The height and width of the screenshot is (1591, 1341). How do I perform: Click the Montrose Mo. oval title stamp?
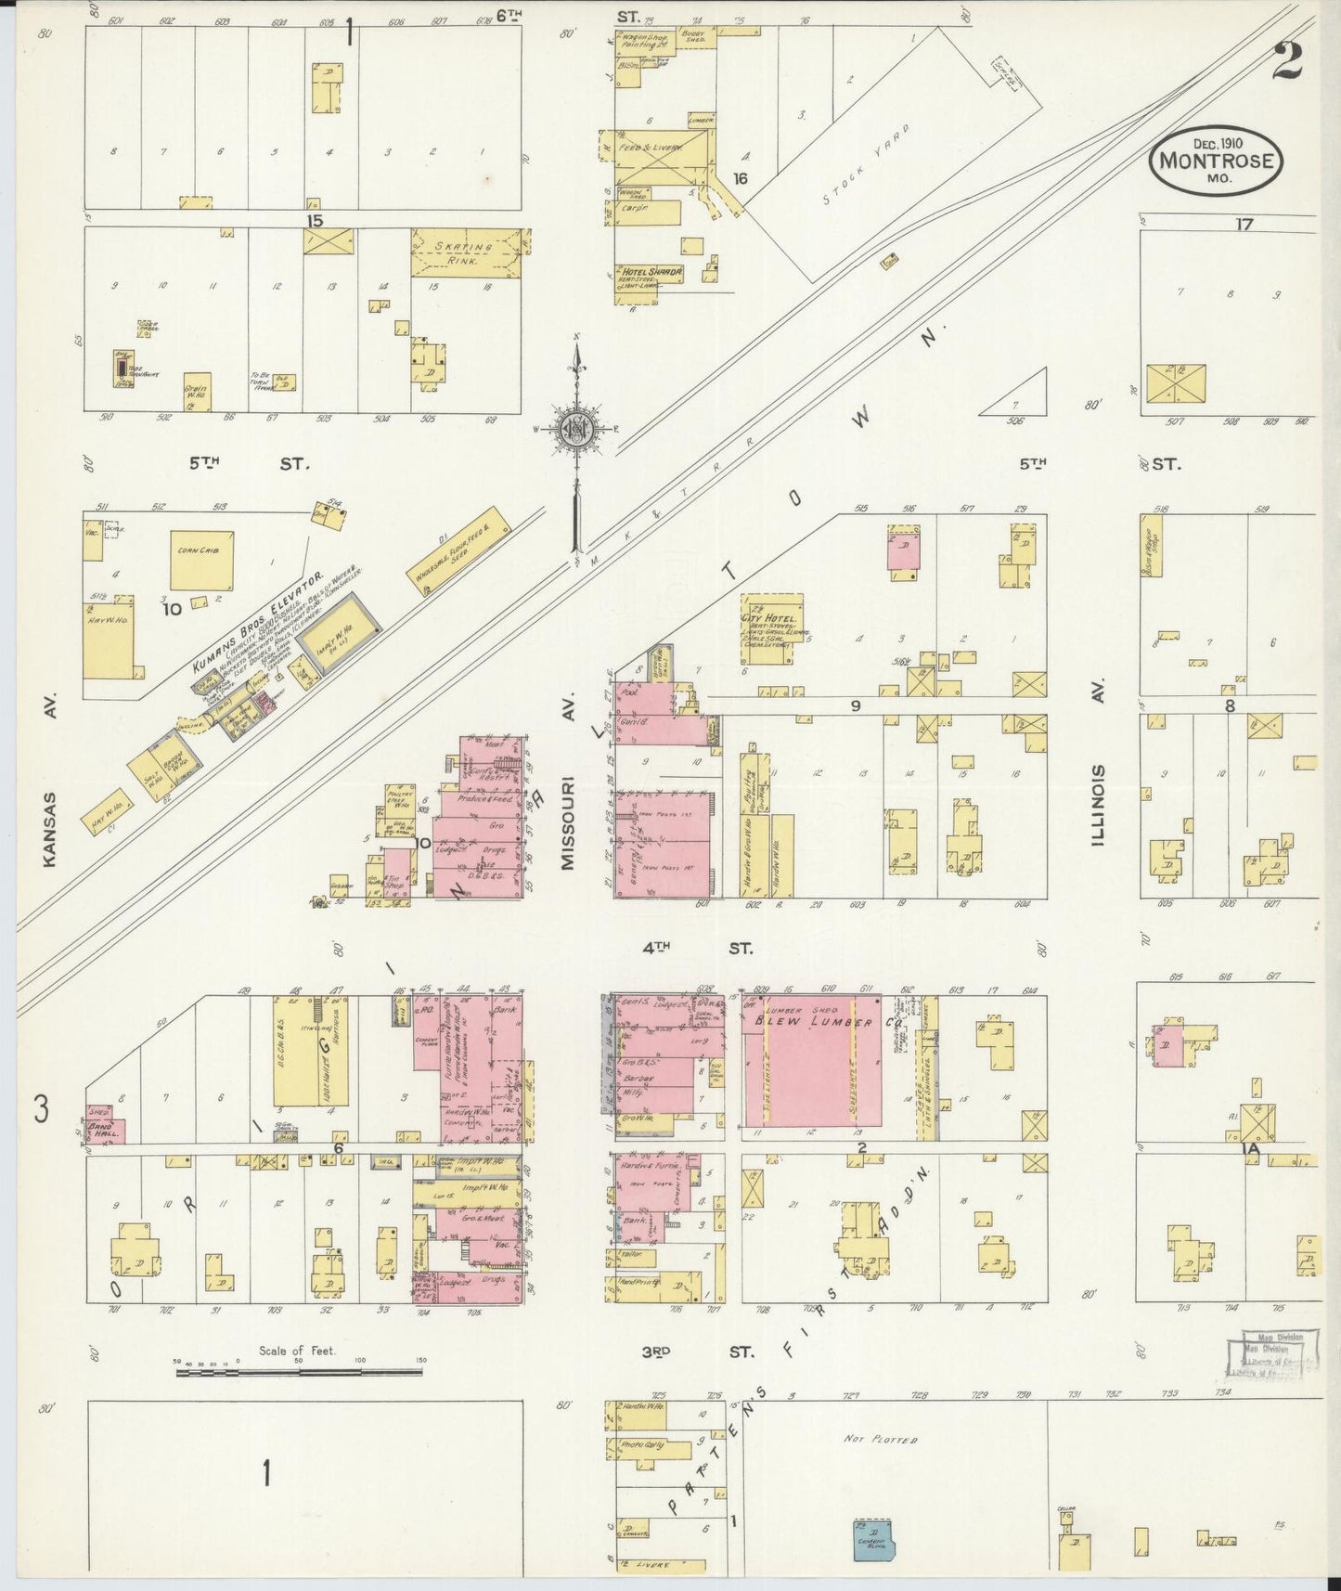[1217, 161]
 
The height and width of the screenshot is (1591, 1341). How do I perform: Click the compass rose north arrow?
[577, 430]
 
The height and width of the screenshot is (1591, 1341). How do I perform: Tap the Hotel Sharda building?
[650, 283]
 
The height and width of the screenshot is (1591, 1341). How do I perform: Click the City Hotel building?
[767, 628]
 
